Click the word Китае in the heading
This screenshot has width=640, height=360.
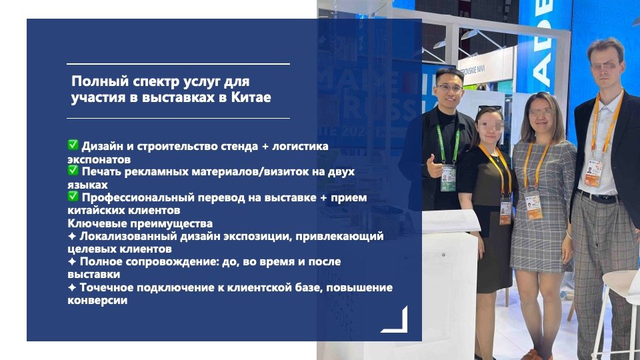point(251,98)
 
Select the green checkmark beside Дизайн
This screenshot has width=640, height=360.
point(73,145)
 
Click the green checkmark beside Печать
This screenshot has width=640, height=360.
point(73,170)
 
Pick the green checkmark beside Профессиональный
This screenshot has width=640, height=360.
point(73,196)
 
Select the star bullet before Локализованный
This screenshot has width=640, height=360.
point(72,236)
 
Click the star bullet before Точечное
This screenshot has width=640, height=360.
point(72,287)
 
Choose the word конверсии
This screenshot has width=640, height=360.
point(97,301)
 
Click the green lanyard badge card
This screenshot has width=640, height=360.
point(448,178)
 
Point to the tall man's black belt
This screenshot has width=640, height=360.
point(599,197)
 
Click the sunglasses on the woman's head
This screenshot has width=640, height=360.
point(489,108)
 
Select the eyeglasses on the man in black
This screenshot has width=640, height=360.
point(449,88)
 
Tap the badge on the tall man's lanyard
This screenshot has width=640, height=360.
point(594,173)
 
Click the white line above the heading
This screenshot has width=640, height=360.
point(179,64)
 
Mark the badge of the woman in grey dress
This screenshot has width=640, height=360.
point(533,205)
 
